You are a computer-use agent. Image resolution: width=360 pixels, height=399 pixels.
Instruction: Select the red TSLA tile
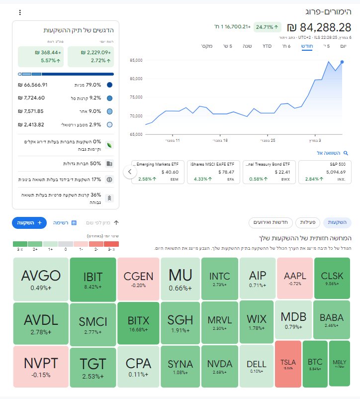coord(288,364)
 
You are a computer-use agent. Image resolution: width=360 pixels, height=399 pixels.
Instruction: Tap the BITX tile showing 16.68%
coord(138,323)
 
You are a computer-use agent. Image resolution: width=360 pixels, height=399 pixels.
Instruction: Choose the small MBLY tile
coord(340,364)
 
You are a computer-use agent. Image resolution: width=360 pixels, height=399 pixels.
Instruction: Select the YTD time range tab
coord(267,46)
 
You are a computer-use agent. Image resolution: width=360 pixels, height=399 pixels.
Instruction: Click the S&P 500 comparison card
coord(325,172)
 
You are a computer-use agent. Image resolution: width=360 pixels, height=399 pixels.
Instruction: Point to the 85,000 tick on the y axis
coord(136,60)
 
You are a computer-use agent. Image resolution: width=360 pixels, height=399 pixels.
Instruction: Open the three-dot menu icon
coord(20,12)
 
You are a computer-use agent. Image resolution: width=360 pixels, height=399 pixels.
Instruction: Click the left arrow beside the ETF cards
coord(129,172)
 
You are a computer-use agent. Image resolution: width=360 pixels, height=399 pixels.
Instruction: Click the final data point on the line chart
coord(342,62)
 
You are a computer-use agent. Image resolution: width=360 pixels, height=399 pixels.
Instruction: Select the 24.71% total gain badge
coord(267,27)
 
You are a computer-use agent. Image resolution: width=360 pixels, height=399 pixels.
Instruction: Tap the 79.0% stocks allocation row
coord(65,85)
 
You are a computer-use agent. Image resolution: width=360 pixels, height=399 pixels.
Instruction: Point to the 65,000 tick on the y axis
coord(136,134)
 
